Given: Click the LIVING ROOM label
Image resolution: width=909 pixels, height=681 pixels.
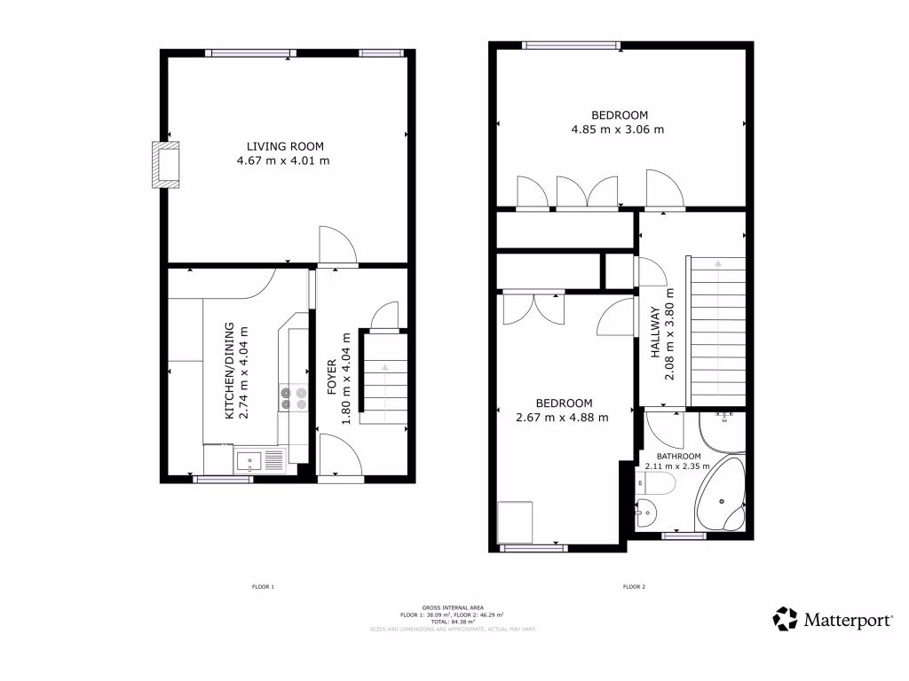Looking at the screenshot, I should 284,146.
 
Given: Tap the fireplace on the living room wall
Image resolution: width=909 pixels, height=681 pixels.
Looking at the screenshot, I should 165,164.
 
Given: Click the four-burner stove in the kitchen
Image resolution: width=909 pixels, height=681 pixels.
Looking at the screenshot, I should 293,396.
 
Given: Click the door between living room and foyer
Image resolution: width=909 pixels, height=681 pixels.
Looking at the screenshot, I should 338,247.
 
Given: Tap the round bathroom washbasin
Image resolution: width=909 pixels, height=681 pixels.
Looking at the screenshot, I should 648,511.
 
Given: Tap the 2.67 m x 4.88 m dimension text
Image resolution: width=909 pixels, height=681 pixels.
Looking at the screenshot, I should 562,418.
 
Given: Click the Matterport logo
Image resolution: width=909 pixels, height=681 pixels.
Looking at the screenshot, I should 834,619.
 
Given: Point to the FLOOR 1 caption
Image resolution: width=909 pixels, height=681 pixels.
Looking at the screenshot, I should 263,587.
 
